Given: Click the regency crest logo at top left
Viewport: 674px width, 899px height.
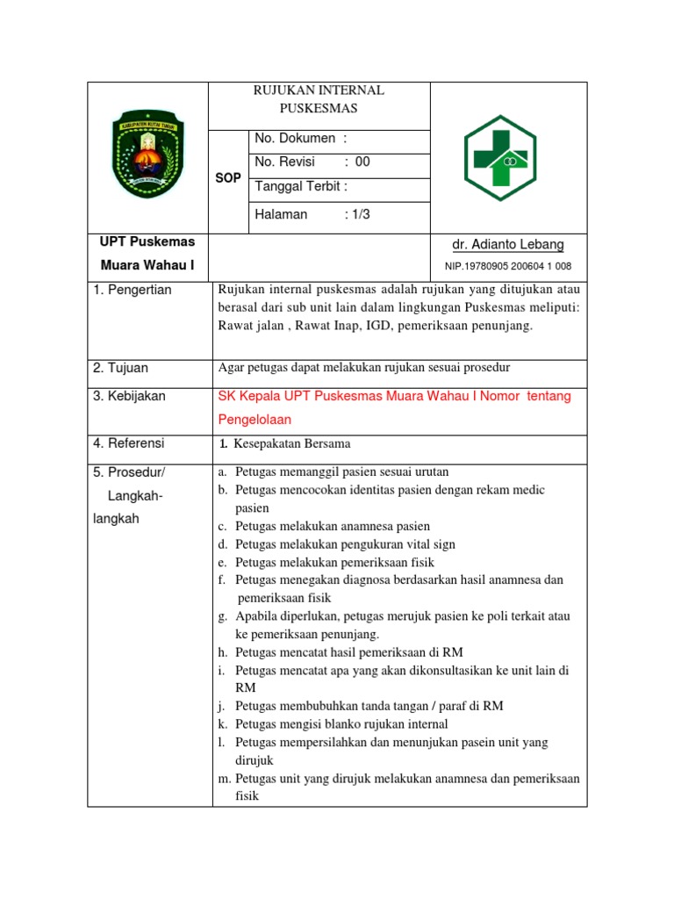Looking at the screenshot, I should point(147,153).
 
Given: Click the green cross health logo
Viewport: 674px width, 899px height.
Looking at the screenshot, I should point(508,159).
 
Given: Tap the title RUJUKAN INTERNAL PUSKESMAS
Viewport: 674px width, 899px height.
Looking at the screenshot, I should point(319,99).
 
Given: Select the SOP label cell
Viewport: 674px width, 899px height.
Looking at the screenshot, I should point(228,178).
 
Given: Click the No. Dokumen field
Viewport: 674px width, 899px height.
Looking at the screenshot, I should point(300,139).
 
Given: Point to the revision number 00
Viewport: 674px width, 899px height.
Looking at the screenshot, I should point(362,162).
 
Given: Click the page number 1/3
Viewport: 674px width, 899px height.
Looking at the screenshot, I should point(357,214).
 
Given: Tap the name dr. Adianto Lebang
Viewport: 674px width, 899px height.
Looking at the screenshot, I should point(509,245).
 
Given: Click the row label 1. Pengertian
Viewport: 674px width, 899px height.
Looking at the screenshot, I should point(133,290).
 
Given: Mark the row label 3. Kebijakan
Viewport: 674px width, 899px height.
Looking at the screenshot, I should point(129,396).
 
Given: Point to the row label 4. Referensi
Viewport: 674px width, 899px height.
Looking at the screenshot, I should point(129,443).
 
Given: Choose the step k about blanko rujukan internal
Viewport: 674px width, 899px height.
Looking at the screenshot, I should point(341,724).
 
